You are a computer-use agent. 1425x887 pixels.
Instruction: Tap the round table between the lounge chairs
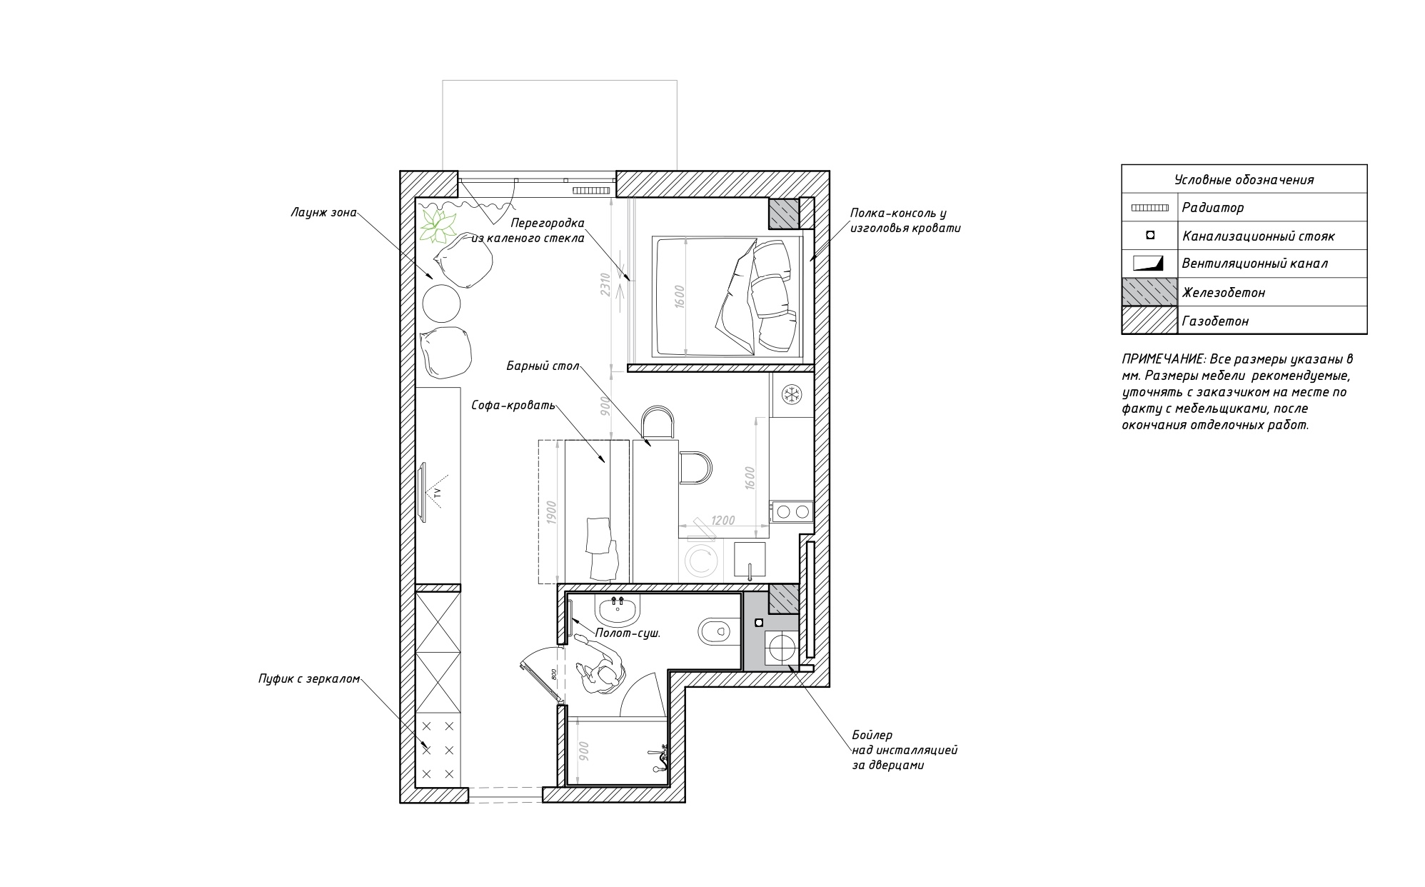[443, 304]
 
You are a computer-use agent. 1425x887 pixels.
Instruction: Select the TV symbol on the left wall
[431, 493]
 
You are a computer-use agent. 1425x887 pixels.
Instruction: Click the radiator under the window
[590, 191]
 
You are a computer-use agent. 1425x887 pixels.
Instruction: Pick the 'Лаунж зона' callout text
[323, 212]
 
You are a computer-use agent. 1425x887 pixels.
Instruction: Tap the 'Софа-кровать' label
[513, 405]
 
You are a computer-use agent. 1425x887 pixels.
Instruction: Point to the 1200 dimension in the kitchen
[722, 521]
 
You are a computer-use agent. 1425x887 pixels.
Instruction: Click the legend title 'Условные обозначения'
[1244, 180]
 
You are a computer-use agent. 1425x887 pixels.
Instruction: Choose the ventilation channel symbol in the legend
[1148, 263]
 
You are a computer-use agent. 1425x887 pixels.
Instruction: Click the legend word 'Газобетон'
[1215, 321]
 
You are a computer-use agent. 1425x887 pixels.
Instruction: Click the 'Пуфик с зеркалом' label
[309, 679]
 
